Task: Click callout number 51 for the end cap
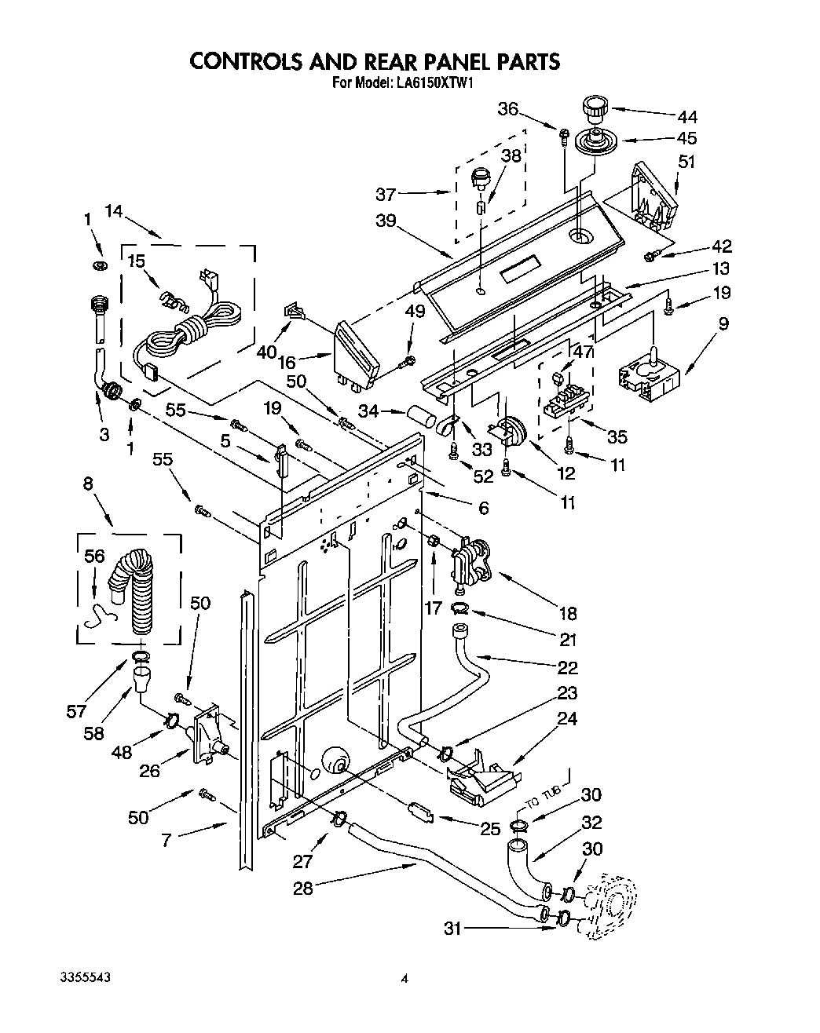coord(686,162)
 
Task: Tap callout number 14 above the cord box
coord(115,210)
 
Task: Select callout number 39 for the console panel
coord(386,221)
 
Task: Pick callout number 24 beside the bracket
coord(567,718)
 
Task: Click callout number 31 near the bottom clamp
coord(452,929)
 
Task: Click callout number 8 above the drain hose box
coord(88,484)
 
